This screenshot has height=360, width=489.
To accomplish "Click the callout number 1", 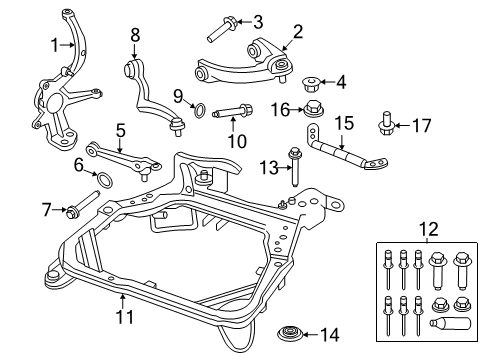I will (56, 43).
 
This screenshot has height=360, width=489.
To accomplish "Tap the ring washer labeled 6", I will (102, 181).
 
